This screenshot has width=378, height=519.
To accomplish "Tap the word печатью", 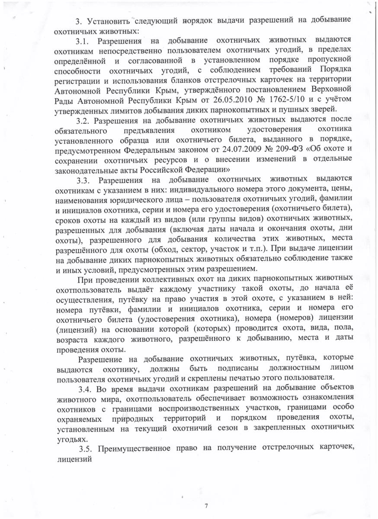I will [x=244, y=378].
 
